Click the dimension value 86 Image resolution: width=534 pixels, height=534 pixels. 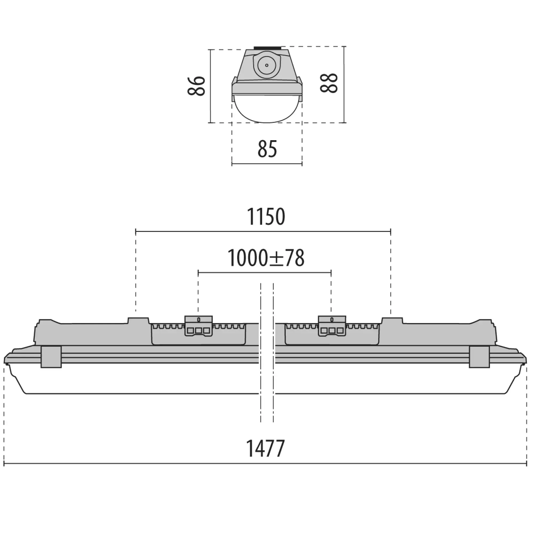tap(196, 86)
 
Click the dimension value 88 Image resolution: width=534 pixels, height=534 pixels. tap(329, 83)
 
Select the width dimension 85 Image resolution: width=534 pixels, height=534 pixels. tap(267, 149)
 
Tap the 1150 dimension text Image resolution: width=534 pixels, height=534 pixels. tap(266, 217)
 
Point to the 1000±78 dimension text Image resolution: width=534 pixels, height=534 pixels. tap(266, 258)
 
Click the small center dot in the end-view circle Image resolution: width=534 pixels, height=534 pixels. tap(266, 65)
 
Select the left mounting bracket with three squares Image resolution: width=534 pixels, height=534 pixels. tap(198, 326)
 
